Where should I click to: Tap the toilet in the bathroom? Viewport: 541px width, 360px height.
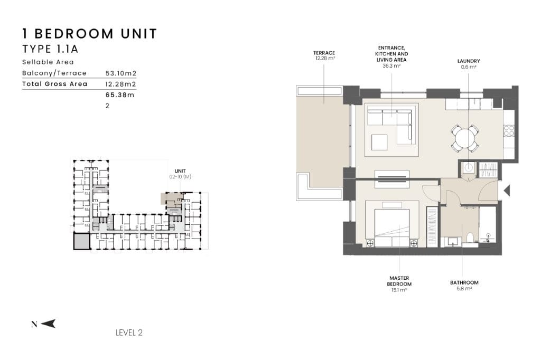(x=470, y=239)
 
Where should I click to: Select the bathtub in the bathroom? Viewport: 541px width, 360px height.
(x=488, y=225)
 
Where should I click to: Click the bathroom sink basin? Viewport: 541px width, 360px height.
(x=452, y=241)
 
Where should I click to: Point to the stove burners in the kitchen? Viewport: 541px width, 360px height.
(x=509, y=131)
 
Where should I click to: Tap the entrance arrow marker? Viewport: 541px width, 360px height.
(x=507, y=191)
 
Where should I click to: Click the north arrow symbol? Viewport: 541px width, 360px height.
(x=48, y=324)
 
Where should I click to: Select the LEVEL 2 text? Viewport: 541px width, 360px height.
(x=129, y=333)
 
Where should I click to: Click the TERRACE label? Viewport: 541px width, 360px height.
(x=324, y=53)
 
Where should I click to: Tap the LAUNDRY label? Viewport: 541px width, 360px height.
(x=469, y=61)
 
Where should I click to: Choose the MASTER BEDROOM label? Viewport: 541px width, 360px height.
(x=399, y=281)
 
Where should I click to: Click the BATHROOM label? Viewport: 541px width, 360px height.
(x=464, y=282)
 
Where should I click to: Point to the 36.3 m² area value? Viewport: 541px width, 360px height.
(x=391, y=66)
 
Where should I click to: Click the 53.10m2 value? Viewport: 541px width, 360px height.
(x=121, y=73)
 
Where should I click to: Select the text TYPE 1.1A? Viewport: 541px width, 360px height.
(x=50, y=49)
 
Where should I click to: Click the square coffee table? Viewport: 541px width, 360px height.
(x=379, y=142)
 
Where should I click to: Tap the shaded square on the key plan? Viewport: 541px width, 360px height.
(x=82, y=241)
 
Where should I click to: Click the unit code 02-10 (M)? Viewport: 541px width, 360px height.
(x=180, y=177)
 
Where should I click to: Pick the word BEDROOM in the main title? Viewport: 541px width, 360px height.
(x=74, y=34)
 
